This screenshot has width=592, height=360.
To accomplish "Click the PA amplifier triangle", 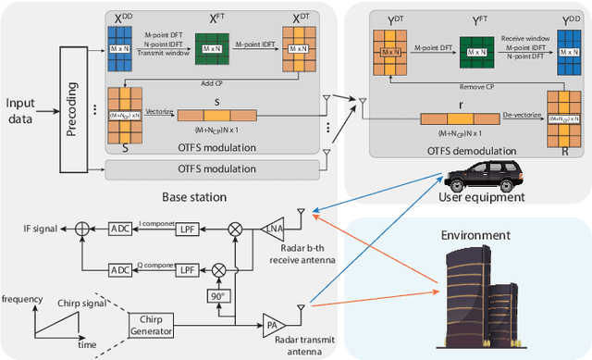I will (x=271, y=325).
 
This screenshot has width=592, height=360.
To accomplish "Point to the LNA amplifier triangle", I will (x=272, y=227).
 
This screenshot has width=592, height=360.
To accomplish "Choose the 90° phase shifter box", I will (x=218, y=295).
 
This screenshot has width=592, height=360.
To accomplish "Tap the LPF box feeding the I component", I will (x=186, y=227).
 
